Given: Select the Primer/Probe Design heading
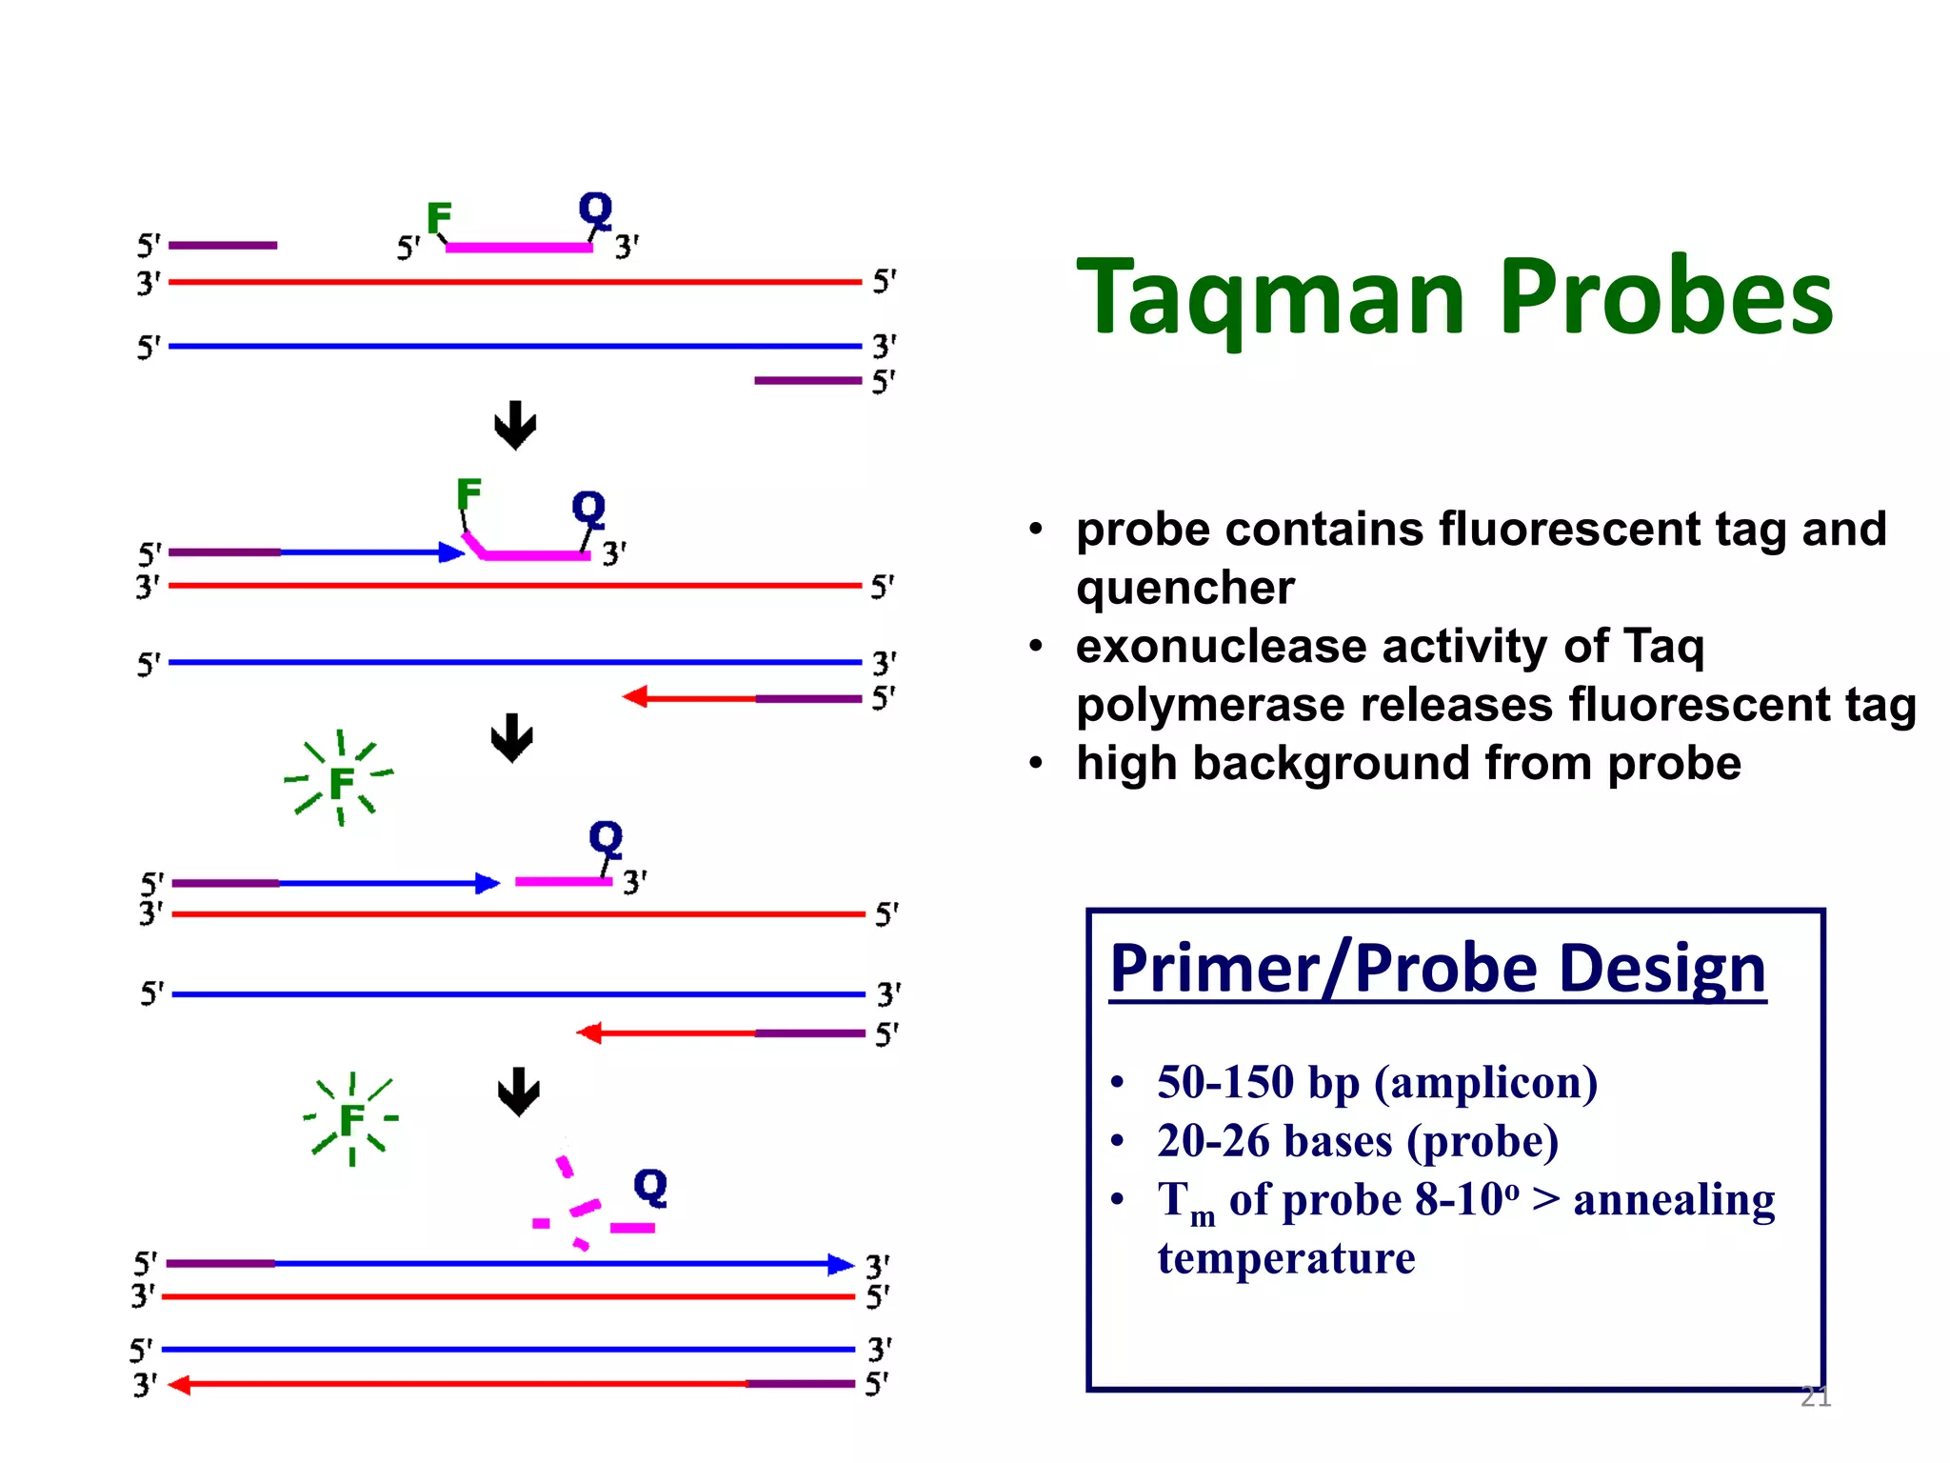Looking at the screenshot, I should pos(1437,969).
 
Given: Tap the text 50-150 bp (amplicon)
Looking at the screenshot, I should pos(1377,1083).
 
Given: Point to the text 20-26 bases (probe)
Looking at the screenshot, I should pos(1358,1141).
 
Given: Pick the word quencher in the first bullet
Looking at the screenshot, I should pos(1185,588).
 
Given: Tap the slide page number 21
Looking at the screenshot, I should pos(1815,1396).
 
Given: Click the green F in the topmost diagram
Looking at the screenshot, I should pos(439,218).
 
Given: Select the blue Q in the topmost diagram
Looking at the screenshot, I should pos(596,209).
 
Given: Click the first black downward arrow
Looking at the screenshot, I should pos(515,425).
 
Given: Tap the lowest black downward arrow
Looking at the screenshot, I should pos(519,1092).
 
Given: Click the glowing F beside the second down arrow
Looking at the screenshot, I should pos(341,784).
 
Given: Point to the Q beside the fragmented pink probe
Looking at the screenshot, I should pos(650,1187).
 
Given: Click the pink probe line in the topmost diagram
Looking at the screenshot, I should pos(519,248).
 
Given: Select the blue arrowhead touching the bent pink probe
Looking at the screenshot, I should pos(451,552).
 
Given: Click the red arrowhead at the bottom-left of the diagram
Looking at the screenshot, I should pos(179,1385).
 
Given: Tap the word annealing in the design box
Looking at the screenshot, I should pos(1674,1200).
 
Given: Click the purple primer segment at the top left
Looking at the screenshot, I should pos(223,246).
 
